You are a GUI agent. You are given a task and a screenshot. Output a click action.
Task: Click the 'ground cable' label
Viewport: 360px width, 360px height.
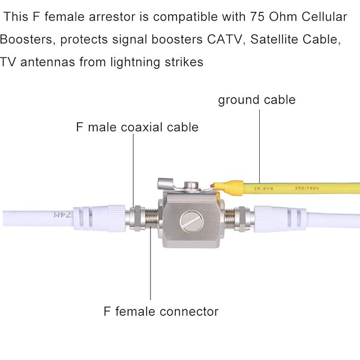pos(256,100)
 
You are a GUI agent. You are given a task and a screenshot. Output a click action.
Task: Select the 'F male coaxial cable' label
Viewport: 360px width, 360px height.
pos(137,127)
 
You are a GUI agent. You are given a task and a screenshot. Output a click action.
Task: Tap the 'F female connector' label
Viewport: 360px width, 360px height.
pos(159,311)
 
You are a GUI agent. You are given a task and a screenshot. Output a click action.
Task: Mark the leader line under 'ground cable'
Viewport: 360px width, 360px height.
pos(259,144)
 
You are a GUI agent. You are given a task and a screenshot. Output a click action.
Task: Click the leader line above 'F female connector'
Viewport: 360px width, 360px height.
pos(149,264)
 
